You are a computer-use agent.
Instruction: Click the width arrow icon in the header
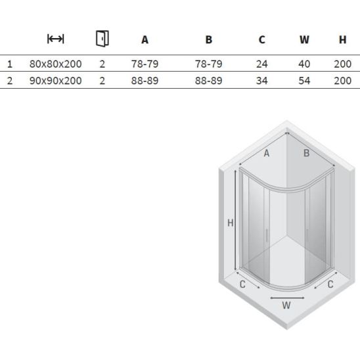(56, 39)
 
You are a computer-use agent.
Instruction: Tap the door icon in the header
(102, 39)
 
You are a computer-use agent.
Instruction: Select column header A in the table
(145, 39)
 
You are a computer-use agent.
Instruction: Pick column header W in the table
(304, 39)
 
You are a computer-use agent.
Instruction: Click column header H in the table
(342, 39)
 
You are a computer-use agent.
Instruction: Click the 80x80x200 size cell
(56, 64)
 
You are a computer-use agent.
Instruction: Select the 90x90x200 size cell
(56, 81)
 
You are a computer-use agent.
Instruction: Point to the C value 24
(261, 64)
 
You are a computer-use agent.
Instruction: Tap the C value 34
(261, 81)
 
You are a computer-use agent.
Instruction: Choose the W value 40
(304, 64)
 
